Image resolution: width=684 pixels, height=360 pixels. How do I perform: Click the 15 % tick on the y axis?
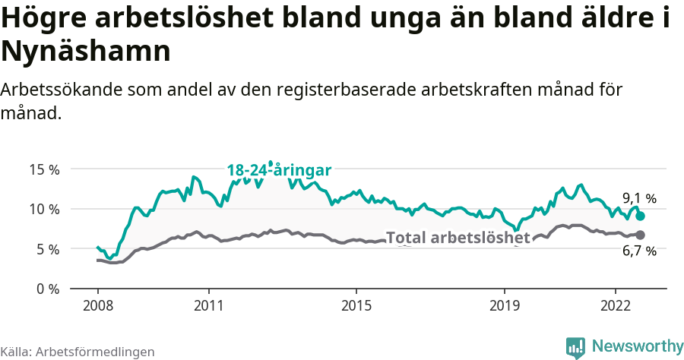[44, 169]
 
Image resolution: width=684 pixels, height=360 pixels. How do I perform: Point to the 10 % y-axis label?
[44, 209]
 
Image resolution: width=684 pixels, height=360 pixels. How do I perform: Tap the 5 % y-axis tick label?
[48, 249]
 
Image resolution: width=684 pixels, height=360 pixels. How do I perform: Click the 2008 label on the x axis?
[97, 305]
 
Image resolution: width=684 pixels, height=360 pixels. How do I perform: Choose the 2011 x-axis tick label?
[208, 305]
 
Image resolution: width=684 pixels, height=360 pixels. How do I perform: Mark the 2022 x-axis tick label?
[615, 305]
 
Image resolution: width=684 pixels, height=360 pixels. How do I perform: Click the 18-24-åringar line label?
[279, 170]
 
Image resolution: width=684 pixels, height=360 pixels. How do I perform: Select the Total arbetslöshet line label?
[458, 238]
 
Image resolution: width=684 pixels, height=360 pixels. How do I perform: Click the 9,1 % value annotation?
[639, 199]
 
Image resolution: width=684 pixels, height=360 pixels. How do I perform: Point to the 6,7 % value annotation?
[639, 251]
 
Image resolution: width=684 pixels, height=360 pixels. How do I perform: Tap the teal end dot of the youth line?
[640, 216]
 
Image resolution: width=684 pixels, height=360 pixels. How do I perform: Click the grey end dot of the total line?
[640, 235]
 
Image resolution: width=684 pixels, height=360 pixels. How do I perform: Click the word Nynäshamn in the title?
[85, 51]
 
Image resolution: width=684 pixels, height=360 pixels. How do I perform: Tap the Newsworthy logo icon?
[575, 346]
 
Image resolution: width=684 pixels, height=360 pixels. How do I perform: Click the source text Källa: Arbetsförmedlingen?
[78, 352]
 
